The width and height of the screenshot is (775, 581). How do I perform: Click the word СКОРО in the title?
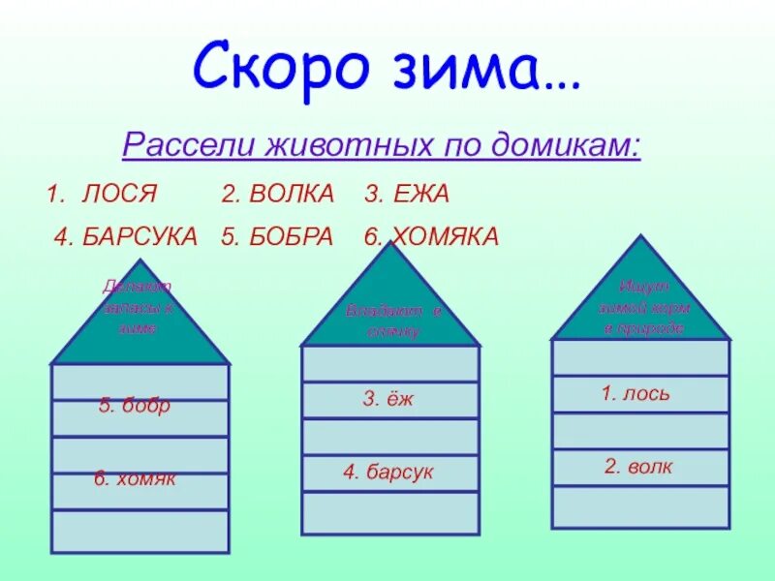(x=281, y=66)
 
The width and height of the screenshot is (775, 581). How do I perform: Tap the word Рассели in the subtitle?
(x=183, y=146)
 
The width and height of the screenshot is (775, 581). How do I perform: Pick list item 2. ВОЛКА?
(x=277, y=194)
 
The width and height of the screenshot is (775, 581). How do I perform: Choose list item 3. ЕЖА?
(x=407, y=194)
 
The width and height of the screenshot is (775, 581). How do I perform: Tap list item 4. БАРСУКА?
(x=125, y=235)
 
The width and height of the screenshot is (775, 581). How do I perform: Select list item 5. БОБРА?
(x=277, y=235)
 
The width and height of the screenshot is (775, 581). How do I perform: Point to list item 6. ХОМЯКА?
(x=432, y=235)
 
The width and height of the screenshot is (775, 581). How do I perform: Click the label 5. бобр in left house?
(x=134, y=406)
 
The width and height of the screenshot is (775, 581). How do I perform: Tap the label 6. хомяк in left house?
(x=135, y=478)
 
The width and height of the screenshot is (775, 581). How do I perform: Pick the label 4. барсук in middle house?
(x=387, y=473)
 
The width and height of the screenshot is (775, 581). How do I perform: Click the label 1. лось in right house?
(x=635, y=393)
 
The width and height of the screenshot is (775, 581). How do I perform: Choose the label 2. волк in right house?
(x=637, y=467)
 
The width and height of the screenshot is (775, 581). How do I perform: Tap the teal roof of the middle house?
(x=390, y=308)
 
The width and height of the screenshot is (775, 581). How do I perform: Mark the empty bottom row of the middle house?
(x=390, y=512)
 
